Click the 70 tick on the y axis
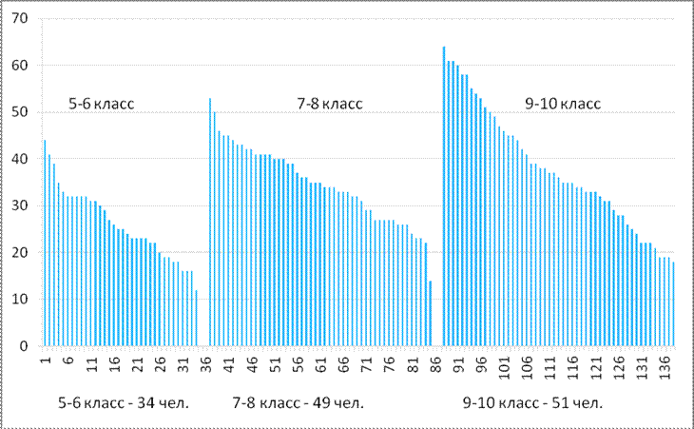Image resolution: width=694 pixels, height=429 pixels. (20, 19)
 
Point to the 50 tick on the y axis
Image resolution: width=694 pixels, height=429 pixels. (20, 112)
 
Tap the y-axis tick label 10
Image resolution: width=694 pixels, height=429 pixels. (20, 300)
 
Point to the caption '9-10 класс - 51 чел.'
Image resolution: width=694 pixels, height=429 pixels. (532, 403)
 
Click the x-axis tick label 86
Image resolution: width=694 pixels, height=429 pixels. (439, 363)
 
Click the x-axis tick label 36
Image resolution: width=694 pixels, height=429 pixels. (206, 363)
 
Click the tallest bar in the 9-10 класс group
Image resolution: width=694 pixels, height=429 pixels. (444, 196)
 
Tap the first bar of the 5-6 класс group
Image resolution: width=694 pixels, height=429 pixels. (45, 243)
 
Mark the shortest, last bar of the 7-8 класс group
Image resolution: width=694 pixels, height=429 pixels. (430, 313)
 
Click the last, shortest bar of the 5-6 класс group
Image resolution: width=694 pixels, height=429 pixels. (196, 318)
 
